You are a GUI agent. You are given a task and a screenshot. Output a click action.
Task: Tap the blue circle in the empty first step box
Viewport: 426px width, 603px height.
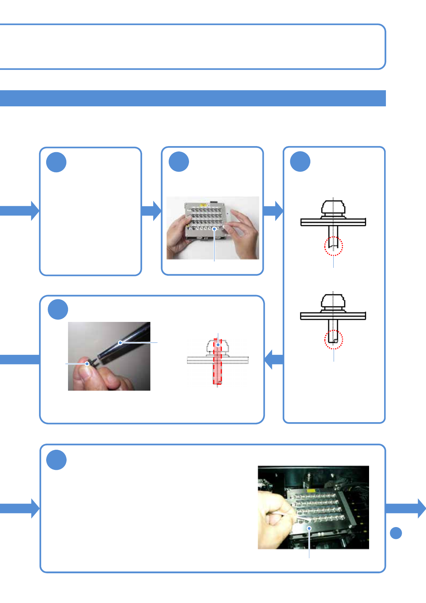coord(56,162)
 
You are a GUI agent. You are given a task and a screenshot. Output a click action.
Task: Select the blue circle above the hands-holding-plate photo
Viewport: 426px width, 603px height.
coord(179,161)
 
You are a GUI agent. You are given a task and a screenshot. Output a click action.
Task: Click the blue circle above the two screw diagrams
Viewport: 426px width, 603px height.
coord(300,161)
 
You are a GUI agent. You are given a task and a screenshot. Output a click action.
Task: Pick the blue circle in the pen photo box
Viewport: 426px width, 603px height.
coord(58,309)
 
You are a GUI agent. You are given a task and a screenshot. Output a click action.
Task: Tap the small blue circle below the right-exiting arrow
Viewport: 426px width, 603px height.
coord(396,533)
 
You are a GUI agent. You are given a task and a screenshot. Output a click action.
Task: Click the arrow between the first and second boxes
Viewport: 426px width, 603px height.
coord(152,211)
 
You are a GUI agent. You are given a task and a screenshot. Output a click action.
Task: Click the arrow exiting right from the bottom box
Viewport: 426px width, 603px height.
coord(406,508)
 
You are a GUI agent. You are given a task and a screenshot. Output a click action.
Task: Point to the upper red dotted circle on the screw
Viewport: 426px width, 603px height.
coord(333,246)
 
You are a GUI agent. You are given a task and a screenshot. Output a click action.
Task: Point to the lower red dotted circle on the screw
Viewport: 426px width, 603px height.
coord(333,339)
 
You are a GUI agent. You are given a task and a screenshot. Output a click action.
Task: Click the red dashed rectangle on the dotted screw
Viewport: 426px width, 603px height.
coord(218,362)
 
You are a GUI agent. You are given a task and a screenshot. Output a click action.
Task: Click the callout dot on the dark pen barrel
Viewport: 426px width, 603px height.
coord(120,343)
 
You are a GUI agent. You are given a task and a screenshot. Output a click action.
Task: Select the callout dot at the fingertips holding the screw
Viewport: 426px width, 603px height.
coord(87,364)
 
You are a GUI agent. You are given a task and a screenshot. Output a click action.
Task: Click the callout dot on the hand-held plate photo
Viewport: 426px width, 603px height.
coord(214,228)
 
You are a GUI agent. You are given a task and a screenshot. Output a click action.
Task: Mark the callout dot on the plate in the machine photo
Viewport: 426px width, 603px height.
coord(309,528)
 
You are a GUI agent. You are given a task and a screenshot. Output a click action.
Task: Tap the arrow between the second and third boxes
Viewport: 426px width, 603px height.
coord(273,211)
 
